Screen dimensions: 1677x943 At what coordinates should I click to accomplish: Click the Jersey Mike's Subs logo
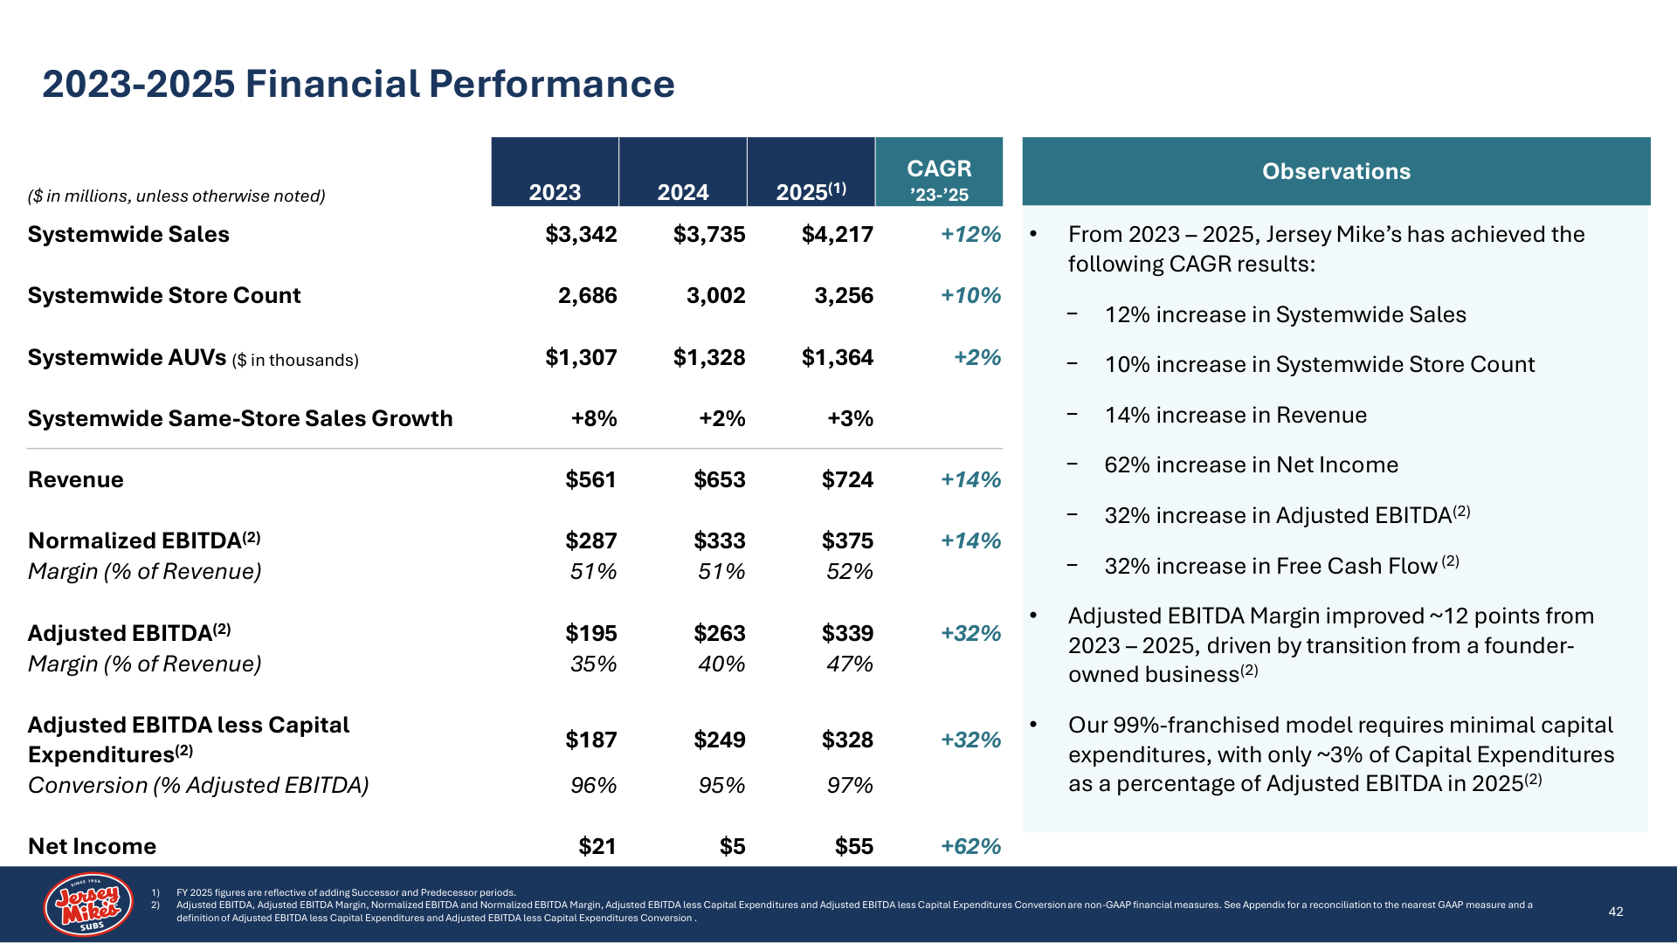(x=88, y=905)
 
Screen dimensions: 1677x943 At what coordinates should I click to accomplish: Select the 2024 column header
(x=683, y=192)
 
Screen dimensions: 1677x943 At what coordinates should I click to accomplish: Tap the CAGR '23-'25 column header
(x=939, y=180)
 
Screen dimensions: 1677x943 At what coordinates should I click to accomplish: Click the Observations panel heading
(x=1336, y=171)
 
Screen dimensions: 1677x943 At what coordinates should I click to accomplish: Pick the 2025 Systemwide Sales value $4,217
(x=838, y=235)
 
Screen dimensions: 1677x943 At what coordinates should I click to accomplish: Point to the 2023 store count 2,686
(x=588, y=296)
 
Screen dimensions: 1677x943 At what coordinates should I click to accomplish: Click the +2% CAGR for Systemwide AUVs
(x=977, y=357)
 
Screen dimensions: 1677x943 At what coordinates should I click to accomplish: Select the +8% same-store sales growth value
(x=594, y=418)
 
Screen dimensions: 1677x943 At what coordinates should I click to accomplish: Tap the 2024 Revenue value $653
(x=720, y=479)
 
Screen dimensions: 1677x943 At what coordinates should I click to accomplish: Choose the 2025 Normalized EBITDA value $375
(x=847, y=540)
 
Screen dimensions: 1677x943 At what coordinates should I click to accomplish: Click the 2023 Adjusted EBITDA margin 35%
(x=594, y=664)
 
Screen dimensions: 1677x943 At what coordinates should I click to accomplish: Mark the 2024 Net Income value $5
(x=733, y=846)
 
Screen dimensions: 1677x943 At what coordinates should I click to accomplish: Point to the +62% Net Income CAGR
(x=971, y=846)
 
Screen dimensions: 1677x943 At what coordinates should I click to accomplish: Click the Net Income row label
(x=92, y=846)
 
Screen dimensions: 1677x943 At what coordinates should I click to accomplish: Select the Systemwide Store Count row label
(x=164, y=296)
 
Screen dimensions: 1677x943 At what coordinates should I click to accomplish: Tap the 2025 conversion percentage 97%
(x=850, y=786)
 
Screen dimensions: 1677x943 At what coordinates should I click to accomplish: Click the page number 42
(x=1616, y=912)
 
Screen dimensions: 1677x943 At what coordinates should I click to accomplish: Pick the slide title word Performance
(x=551, y=84)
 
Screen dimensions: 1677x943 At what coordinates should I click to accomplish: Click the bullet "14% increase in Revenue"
(x=1236, y=415)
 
